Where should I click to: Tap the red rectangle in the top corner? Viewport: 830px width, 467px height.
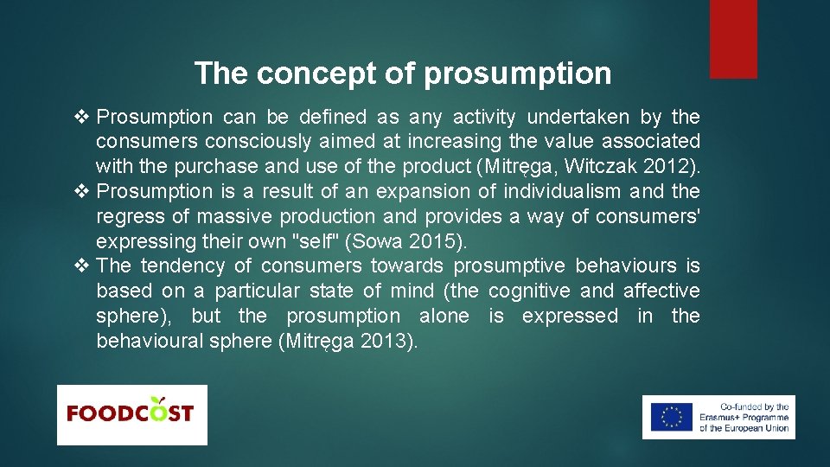(733, 39)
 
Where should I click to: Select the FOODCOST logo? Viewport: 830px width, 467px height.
(131, 414)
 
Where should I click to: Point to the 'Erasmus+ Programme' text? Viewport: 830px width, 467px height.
(744, 417)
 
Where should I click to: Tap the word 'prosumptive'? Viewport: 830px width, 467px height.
(509, 266)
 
